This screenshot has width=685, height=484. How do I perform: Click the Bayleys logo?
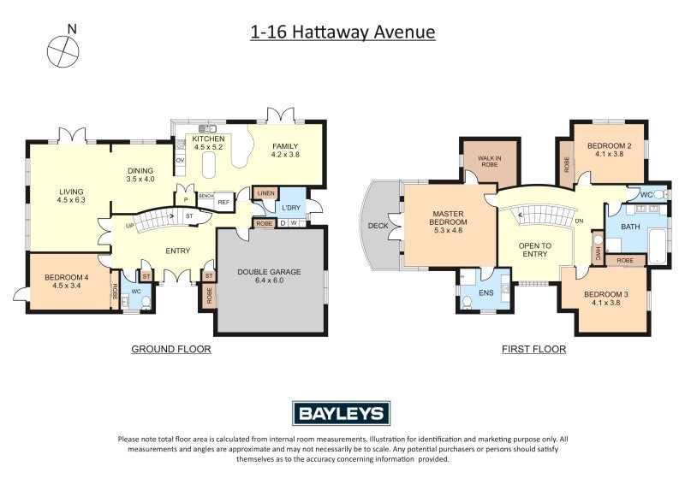click(341, 413)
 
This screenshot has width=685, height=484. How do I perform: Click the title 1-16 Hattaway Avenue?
click(342, 32)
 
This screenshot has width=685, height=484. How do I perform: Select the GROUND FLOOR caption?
click(171, 349)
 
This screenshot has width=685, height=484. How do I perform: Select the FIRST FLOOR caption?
click(533, 349)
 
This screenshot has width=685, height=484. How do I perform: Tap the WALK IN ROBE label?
click(490, 162)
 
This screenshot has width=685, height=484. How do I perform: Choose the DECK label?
click(378, 226)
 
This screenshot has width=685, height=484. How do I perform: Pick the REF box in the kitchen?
click(223, 203)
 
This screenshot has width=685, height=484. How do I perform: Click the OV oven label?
click(180, 160)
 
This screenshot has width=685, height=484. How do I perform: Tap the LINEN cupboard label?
click(266, 193)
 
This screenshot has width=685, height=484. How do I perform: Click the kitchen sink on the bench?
click(207, 129)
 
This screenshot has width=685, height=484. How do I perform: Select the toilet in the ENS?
click(467, 303)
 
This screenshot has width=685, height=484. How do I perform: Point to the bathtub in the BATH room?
click(658, 247)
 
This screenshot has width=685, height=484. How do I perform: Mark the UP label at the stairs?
click(130, 226)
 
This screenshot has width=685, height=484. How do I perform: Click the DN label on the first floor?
click(580, 221)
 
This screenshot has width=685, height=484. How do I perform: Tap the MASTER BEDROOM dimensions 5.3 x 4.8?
click(448, 230)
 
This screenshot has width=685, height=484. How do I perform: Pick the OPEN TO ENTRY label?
click(534, 250)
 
